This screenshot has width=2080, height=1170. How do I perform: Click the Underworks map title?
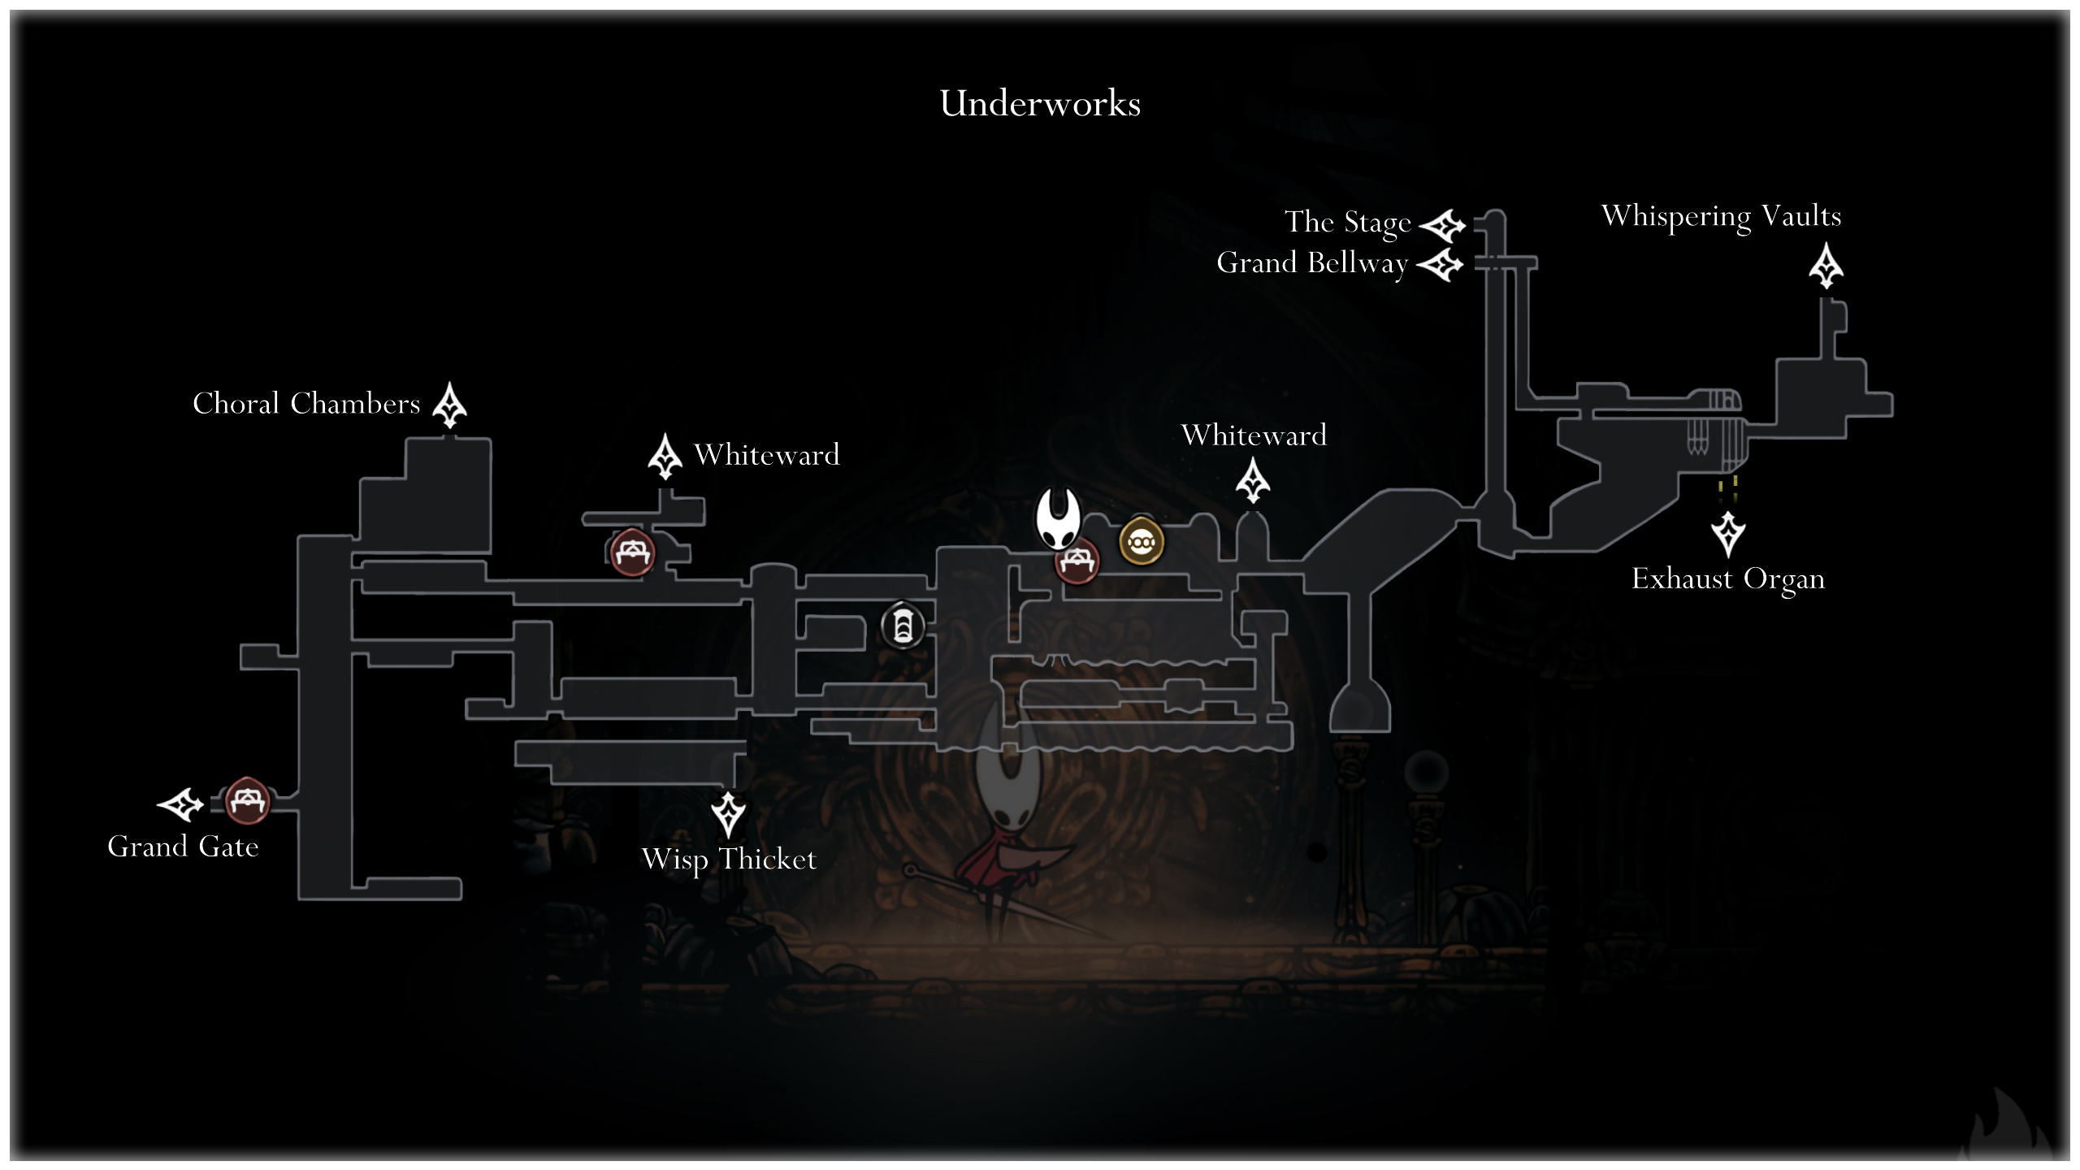click(1040, 104)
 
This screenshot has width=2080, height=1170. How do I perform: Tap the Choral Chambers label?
click(306, 404)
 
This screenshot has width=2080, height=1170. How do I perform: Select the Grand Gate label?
click(183, 847)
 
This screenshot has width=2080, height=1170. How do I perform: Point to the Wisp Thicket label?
click(729, 860)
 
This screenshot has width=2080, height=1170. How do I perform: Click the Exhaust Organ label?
click(1728, 579)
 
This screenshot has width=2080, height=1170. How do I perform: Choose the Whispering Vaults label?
click(1721, 217)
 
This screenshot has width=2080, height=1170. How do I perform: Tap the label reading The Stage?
click(1348, 222)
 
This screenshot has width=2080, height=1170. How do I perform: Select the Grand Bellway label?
click(1312, 263)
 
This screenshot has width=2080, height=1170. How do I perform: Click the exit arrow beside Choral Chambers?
click(449, 405)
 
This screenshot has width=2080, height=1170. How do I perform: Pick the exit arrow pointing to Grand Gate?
click(180, 804)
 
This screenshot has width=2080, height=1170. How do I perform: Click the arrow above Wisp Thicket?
click(728, 814)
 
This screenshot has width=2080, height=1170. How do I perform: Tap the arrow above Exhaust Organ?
click(1728, 534)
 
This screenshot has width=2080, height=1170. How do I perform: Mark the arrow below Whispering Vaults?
click(1826, 266)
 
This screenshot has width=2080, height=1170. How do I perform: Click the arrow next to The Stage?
click(1442, 225)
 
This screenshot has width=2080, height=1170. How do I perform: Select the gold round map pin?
click(1142, 540)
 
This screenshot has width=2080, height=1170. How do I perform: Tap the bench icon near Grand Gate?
click(246, 801)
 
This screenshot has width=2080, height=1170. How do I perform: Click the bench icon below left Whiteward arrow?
click(632, 552)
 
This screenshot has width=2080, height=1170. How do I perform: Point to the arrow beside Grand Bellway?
click(1440, 265)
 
